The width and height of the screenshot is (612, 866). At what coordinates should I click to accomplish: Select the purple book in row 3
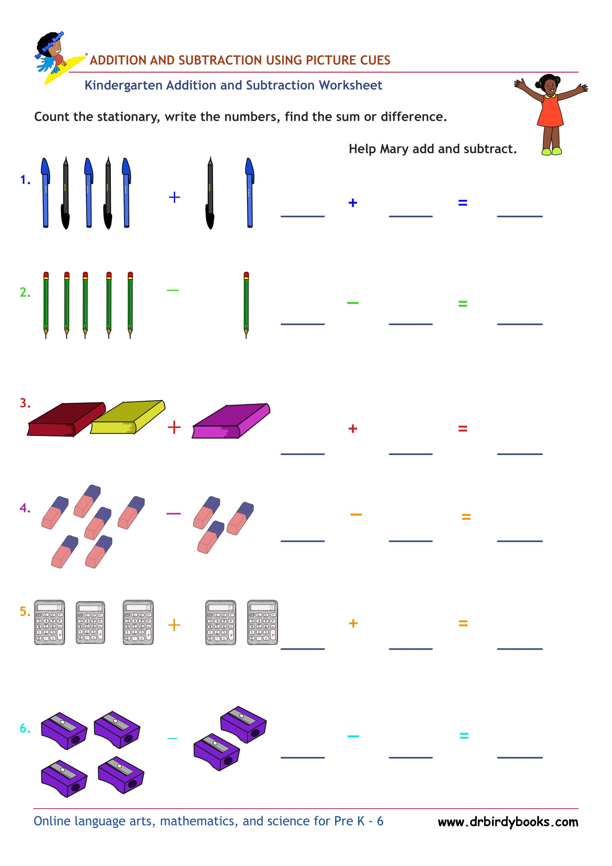tap(231, 420)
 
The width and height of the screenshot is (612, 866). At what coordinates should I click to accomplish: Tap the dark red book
tap(66, 419)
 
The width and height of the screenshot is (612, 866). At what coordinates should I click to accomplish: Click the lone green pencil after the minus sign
tap(246, 305)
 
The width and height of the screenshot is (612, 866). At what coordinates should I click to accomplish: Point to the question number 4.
tap(25, 508)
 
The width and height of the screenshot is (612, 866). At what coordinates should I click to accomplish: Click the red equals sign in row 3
tap(463, 429)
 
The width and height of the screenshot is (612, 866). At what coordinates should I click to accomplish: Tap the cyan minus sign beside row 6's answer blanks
tap(353, 736)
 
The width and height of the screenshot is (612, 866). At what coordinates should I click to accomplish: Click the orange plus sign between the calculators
tap(174, 625)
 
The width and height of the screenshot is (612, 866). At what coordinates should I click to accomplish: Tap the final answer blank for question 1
tap(520, 216)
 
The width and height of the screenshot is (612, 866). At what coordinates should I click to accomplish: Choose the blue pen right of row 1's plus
tap(249, 192)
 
